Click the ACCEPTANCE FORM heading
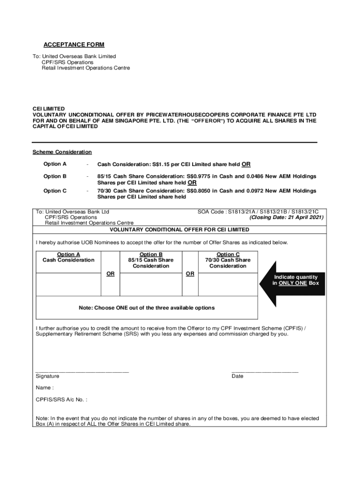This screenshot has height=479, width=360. pyautogui.click(x=74, y=45)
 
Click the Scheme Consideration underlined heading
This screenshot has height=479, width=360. pyautogui.click(x=62, y=152)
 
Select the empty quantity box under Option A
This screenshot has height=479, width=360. pyautogui.click(x=68, y=283)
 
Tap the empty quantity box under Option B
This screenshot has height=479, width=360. pyautogui.click(x=151, y=283)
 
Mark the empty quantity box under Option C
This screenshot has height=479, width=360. pyautogui.click(x=228, y=283)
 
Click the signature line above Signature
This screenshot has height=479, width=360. pyautogui.click(x=82, y=371)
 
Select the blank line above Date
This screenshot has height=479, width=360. pyautogui.click(x=265, y=371)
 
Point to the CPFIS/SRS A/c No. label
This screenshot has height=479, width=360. pyautogui.click(x=61, y=400)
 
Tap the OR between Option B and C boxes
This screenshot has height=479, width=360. pyautogui.click(x=190, y=274)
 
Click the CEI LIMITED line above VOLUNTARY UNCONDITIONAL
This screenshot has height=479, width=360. pyautogui.click(x=49, y=109)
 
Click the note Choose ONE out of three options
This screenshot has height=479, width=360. pyautogui.click(x=147, y=308)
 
